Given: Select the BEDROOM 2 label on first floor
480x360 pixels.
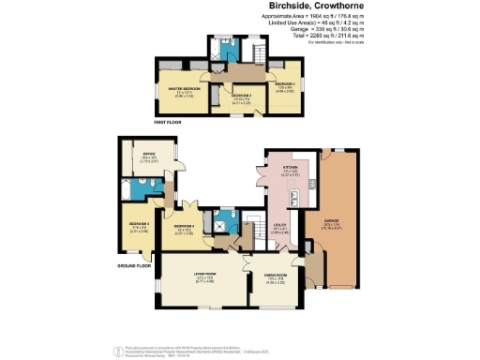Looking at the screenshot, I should point(285,85).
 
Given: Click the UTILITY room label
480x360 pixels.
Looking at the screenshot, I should point(279,225).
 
